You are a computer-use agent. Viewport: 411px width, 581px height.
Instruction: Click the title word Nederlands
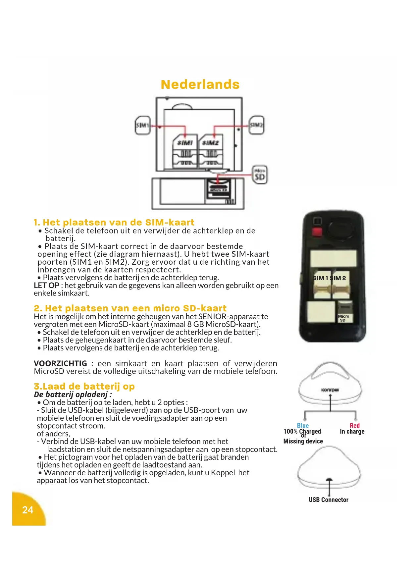200,84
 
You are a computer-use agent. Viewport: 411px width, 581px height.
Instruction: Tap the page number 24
28,510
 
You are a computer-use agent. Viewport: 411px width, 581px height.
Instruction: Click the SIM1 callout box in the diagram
143,125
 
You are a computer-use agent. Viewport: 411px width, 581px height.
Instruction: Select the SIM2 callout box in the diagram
256,125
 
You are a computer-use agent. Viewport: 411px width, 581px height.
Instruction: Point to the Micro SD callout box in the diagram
260,175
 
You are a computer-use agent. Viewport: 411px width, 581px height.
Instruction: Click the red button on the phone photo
317,231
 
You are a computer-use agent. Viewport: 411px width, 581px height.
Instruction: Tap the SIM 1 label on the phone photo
320,278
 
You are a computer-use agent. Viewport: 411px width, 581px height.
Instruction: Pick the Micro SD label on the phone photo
343,318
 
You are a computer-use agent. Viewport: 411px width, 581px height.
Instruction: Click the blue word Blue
303,425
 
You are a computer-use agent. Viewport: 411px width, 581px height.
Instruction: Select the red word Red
354,425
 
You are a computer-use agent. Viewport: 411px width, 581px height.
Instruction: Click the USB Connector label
328,500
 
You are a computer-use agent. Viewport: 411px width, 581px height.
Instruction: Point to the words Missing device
303,441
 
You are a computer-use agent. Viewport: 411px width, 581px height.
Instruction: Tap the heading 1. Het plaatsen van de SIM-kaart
114,222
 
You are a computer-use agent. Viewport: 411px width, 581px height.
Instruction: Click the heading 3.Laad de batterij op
84,386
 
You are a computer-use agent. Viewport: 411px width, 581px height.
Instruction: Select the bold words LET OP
46,286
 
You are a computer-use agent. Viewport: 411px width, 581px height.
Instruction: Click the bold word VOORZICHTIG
60,363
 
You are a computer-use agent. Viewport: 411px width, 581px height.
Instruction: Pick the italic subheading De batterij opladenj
73,395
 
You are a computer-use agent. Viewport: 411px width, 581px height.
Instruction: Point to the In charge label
352,431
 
